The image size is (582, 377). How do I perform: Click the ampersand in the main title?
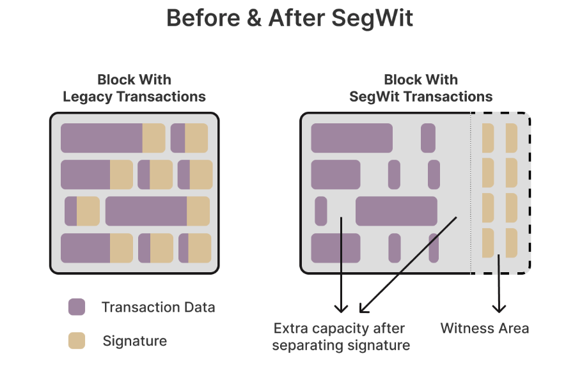point(255,19)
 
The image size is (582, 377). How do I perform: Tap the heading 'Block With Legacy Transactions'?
point(134,88)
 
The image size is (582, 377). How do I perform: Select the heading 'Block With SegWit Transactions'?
point(421,88)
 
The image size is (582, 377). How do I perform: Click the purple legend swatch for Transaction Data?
point(77,307)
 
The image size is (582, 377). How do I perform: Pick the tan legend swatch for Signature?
point(77,341)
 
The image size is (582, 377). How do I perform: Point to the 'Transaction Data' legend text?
point(158,307)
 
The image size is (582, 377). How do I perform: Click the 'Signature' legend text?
point(134,341)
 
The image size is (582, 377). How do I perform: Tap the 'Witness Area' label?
point(485,328)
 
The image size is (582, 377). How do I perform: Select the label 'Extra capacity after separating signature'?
point(341,337)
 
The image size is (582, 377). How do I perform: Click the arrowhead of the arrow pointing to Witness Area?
point(499,308)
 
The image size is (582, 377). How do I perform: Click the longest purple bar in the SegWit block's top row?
point(351,138)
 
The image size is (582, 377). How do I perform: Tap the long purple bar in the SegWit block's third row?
point(396,211)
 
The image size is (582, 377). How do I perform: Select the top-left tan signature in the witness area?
point(488,138)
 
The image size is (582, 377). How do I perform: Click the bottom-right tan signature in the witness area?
point(511,243)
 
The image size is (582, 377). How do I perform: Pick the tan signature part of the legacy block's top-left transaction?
point(153,138)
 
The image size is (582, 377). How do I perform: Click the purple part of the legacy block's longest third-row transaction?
point(146,211)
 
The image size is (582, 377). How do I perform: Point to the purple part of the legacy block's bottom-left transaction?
point(85,248)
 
